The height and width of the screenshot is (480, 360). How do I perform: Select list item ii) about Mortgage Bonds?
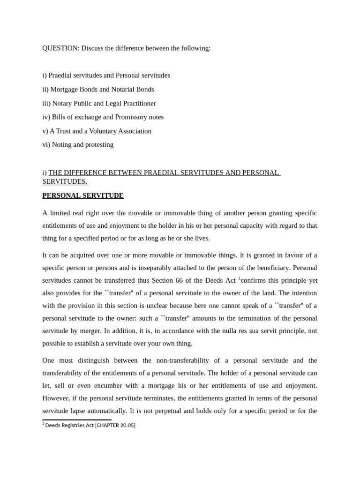[x=98, y=89]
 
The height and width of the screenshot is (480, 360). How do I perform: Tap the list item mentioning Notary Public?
[x=99, y=103]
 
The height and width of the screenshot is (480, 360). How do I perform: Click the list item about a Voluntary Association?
[x=97, y=131]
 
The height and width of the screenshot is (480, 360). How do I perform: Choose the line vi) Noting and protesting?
[x=78, y=144]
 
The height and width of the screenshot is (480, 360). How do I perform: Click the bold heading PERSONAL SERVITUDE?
[x=83, y=195]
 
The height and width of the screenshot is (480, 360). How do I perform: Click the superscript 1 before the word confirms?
[x=240, y=278]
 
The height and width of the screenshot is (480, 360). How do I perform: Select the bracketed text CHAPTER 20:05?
[x=115, y=425]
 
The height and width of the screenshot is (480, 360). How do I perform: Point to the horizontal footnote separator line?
[x=77, y=420]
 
